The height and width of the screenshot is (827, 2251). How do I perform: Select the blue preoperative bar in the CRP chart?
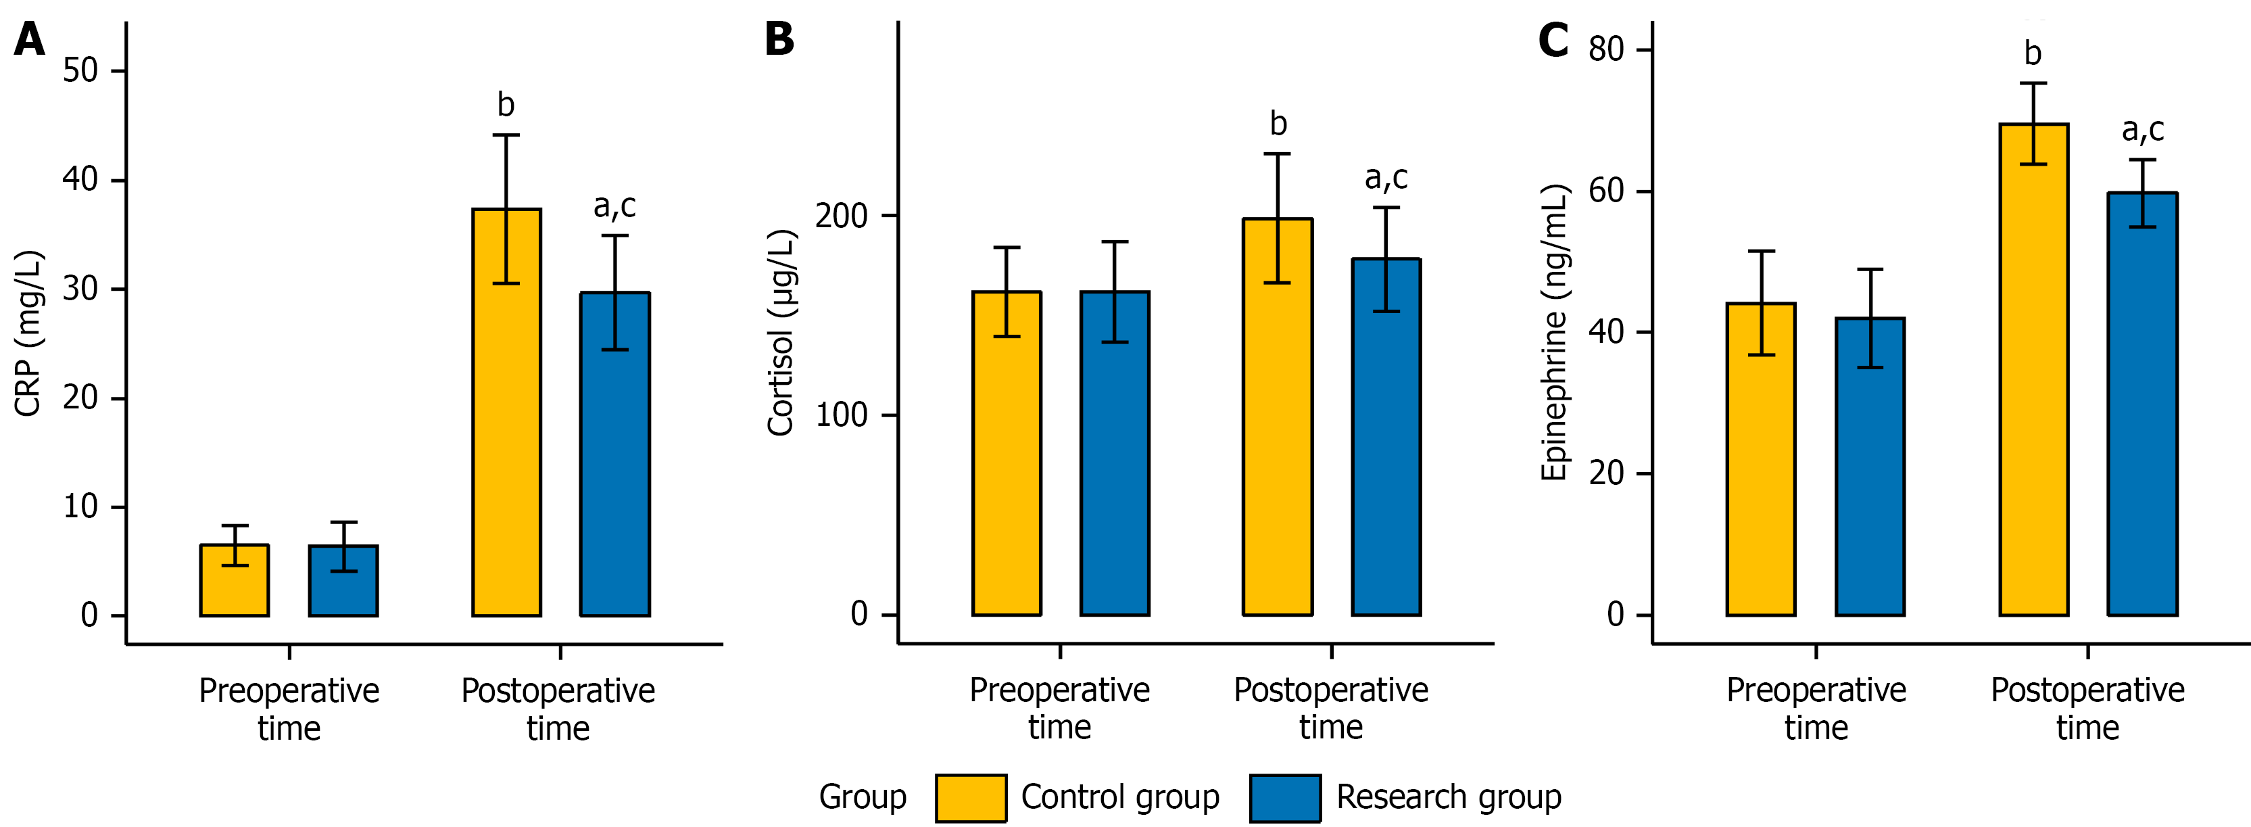tap(343, 582)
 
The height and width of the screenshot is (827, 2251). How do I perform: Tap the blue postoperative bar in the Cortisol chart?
tap(1386, 437)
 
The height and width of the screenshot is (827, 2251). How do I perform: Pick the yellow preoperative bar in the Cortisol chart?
tap(1007, 454)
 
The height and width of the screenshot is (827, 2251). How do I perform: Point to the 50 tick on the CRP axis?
tap(80, 71)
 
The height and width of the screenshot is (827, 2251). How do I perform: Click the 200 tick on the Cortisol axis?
tap(841, 216)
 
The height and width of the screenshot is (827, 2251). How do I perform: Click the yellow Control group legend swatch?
tap(970, 797)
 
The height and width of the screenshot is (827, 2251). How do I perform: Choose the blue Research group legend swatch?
tap(1284, 797)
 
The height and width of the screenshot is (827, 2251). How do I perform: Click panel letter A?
tap(30, 40)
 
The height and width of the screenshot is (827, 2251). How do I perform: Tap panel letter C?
tap(1553, 40)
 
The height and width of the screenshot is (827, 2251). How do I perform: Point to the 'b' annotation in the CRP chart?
tap(506, 105)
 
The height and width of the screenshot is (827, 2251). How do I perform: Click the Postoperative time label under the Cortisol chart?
tap(1331, 708)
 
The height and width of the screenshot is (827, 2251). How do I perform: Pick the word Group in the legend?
tap(863, 797)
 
